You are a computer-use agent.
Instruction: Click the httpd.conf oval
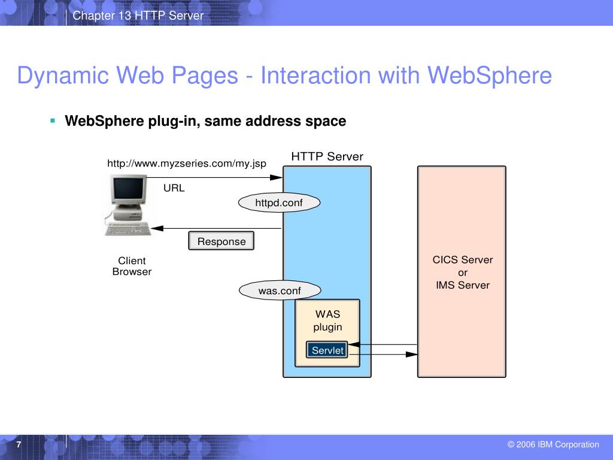tap(279, 203)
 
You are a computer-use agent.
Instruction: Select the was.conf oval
tap(279, 291)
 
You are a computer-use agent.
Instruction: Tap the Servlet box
tap(327, 350)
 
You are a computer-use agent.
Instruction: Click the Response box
tap(221, 241)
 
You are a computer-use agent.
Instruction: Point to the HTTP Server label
tap(327, 157)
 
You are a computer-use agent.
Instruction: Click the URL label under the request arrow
tap(174, 188)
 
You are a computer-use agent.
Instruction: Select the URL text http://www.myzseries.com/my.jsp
tap(186, 164)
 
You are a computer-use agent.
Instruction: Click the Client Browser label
tap(132, 266)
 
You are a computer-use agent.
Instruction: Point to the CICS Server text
tap(463, 260)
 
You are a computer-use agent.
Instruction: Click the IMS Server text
tap(463, 285)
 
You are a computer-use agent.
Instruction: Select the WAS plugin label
tap(327, 320)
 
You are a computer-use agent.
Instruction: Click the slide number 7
tap(19, 444)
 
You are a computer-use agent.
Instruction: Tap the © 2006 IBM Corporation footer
tap(553, 444)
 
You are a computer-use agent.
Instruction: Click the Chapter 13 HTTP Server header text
tap(138, 15)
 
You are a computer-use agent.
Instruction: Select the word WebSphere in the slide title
tap(488, 76)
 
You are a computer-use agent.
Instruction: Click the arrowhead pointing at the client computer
tap(157, 228)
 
